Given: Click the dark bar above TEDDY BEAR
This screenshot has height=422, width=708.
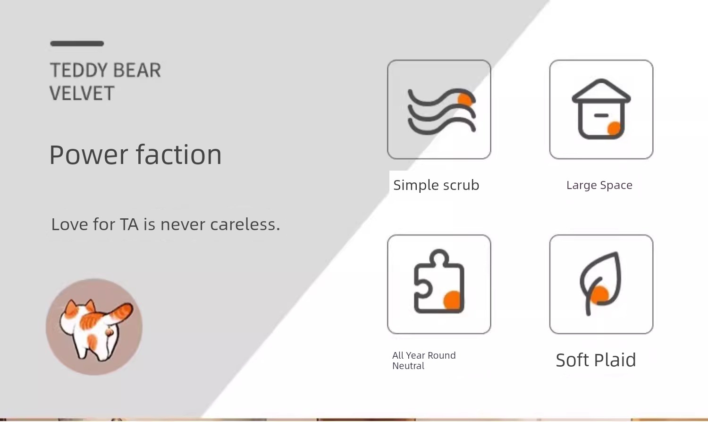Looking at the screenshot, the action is (x=77, y=43).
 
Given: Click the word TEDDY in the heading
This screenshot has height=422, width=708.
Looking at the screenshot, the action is (x=79, y=70).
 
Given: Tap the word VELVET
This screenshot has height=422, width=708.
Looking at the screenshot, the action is (x=82, y=93).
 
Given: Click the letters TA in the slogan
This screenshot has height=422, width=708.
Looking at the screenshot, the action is (x=129, y=224).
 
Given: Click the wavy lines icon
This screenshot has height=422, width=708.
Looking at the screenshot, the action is (x=442, y=112).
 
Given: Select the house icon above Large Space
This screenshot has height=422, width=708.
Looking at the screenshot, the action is (x=601, y=109).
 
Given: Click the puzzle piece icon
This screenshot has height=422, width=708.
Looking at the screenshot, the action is (x=439, y=282).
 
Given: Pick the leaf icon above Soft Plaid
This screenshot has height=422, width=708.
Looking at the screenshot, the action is (x=600, y=284).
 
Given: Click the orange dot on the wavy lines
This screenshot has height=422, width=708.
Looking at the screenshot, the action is (x=465, y=99).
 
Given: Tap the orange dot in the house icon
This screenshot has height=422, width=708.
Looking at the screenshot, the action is (x=614, y=129).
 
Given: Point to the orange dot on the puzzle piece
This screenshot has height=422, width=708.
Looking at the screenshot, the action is (x=452, y=300).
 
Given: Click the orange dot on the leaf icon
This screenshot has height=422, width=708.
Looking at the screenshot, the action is (x=599, y=295).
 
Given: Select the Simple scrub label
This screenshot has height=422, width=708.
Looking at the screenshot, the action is (x=436, y=185).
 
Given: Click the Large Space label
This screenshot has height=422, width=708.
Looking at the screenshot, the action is (x=599, y=185).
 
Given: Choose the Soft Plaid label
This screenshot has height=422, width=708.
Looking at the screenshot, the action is (x=596, y=360).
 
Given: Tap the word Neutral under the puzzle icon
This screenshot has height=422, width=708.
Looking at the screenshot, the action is (x=408, y=366).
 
